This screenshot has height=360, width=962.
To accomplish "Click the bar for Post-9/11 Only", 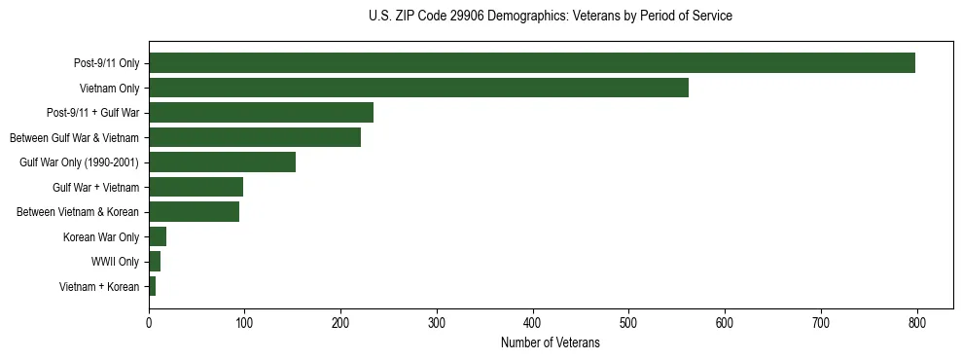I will [x=531, y=63].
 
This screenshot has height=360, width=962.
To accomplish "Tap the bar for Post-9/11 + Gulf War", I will [x=261, y=113].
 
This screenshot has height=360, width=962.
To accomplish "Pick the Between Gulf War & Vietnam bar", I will [x=255, y=137].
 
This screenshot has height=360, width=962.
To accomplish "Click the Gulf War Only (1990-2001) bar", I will [x=222, y=162].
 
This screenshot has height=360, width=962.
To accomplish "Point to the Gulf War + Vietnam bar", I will [x=196, y=187].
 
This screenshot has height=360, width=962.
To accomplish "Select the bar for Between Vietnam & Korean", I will [x=194, y=212].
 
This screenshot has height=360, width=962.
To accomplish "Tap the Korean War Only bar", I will [x=158, y=236].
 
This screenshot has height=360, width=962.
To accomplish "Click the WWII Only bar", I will [x=155, y=261].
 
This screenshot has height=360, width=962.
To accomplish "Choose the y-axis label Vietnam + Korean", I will [x=99, y=286].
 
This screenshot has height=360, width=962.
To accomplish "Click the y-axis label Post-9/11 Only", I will [x=107, y=63].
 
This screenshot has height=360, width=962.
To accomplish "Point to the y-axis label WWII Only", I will [x=115, y=262].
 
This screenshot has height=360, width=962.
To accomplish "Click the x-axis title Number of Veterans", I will [x=550, y=342].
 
